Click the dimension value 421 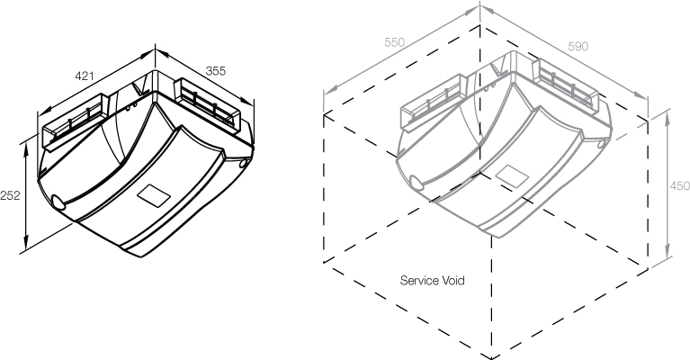pyautogui.click(x=85, y=77)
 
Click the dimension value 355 pyautogui.click(x=215, y=70)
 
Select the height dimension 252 pyautogui.click(x=11, y=194)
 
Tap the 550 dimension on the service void pyautogui.click(x=394, y=42)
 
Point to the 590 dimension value pyautogui.click(x=578, y=46)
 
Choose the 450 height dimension pyautogui.click(x=680, y=185)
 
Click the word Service pyautogui.click(x=419, y=280)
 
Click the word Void pyautogui.click(x=453, y=280)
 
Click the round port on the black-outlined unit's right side pyautogui.click(x=244, y=163)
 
